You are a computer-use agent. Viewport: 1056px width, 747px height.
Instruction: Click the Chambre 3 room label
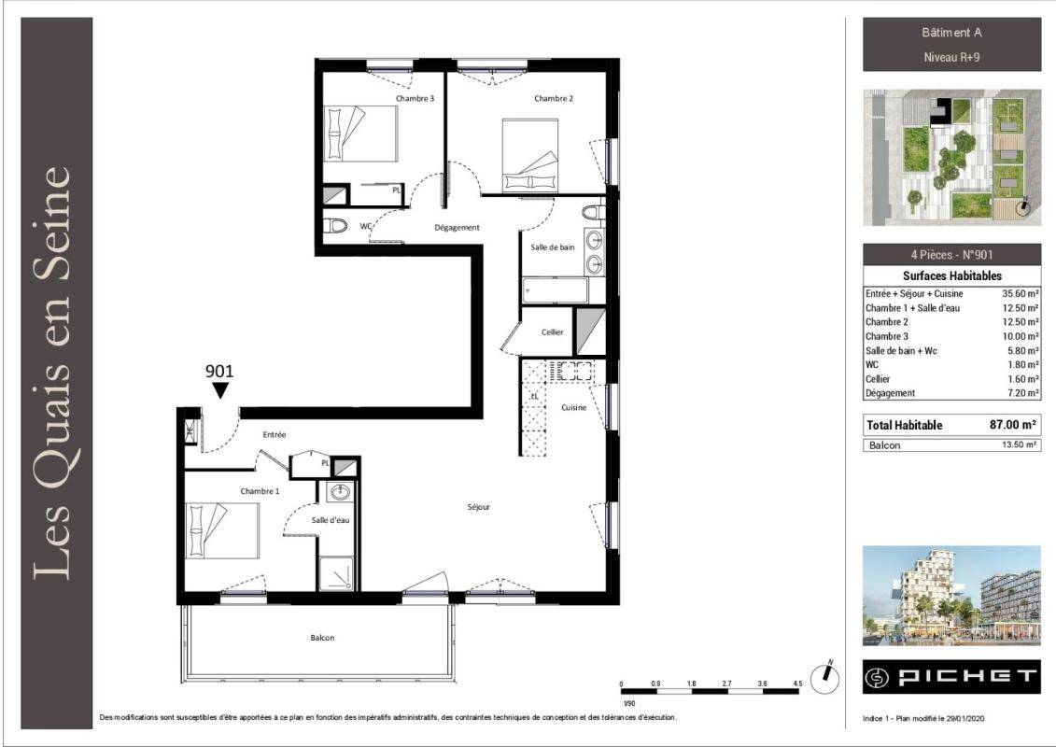[415, 98]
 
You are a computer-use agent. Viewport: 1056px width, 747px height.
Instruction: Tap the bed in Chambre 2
[530, 156]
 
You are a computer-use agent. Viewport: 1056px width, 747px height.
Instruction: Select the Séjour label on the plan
[479, 507]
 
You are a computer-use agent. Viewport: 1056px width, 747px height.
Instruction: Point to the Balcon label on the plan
[323, 638]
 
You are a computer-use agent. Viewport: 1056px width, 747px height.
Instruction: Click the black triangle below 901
[220, 390]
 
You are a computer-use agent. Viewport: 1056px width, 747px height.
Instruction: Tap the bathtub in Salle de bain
[556, 290]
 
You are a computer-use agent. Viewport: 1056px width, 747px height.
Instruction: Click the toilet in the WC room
[334, 226]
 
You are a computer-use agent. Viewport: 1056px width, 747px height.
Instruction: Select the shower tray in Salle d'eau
[336, 574]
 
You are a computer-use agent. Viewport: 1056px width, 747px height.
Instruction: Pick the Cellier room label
[552, 332]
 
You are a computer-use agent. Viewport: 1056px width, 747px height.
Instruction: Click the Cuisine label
[574, 407]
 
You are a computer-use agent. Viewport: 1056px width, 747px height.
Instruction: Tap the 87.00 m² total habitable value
[1012, 425]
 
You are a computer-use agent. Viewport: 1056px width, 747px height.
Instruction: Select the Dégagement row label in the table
[891, 393]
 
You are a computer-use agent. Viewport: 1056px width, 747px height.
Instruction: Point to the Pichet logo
[951, 677]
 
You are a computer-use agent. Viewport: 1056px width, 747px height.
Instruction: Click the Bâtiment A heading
[951, 33]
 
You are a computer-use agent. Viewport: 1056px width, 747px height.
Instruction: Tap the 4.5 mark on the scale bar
[797, 684]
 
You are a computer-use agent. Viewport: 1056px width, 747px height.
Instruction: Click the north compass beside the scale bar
[824, 678]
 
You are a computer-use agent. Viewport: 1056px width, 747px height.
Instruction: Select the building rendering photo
[951, 596]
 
